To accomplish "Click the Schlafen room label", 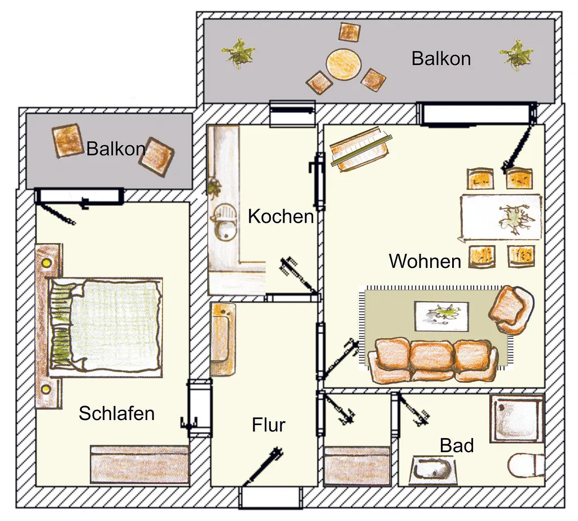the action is click(x=116, y=413).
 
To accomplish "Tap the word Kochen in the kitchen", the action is click(x=281, y=216).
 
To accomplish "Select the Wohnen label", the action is click(x=425, y=261).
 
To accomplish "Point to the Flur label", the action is click(x=268, y=425).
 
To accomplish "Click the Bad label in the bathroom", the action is click(x=457, y=445).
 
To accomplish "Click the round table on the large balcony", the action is click(x=343, y=64).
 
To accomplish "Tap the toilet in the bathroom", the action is click(x=526, y=465).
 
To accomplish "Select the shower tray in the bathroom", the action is click(x=517, y=418).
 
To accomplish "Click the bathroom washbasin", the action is click(x=433, y=470).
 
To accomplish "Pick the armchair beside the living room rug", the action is click(x=510, y=310).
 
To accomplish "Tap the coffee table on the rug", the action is click(x=441, y=316).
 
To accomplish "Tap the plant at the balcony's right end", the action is click(x=516, y=55).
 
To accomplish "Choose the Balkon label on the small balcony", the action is click(x=116, y=149).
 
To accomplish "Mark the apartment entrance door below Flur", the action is click(x=270, y=497).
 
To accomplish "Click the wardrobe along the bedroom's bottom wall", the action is click(x=139, y=465).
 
